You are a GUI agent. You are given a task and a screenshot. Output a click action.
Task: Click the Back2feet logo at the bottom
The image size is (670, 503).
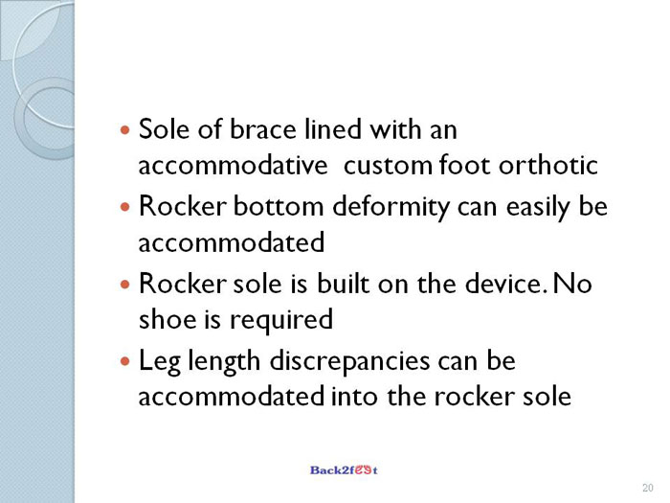coord(344,470)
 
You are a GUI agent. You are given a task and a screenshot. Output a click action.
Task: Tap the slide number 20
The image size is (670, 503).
coord(647,488)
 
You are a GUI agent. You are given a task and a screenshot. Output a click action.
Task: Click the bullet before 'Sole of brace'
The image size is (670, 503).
coord(124,129)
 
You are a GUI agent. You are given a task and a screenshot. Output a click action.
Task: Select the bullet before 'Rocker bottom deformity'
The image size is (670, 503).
coord(124,207)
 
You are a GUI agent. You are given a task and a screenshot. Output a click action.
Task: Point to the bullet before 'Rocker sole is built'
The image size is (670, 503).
coord(124,284)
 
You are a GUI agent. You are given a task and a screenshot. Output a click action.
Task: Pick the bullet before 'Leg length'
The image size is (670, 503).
coord(124,361)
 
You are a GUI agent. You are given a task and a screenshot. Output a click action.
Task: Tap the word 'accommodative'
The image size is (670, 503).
coord(233,165)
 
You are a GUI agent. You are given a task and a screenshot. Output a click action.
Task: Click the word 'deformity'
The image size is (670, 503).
coord(391,208)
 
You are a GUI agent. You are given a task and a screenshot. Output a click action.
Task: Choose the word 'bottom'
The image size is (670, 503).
coord(279,206)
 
